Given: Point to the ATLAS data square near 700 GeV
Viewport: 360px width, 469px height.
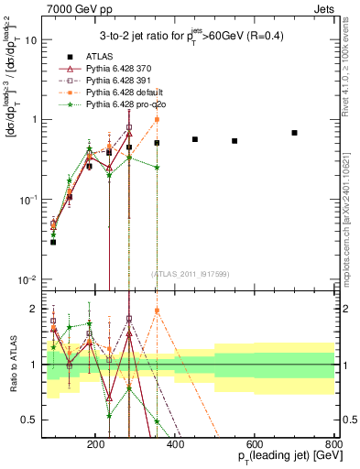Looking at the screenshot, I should coord(294,133).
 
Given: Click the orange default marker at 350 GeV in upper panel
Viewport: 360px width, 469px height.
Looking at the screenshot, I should coord(157,120).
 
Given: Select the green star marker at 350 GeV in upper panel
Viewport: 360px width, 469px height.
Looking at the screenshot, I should coord(157,168).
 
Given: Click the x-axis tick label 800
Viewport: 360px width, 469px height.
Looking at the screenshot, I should coord(333,443).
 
